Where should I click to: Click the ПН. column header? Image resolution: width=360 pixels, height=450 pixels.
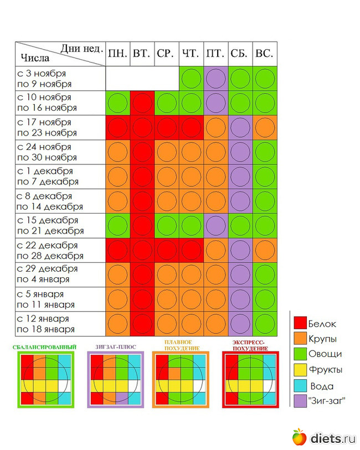pos(117,54)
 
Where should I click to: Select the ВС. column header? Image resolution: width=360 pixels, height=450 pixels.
pos(264,54)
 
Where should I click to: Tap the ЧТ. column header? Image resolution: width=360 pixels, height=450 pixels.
pos(191,54)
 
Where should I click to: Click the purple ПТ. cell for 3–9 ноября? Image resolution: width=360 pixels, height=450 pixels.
pos(215,79)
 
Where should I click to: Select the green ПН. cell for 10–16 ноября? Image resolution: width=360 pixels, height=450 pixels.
pos(117,103)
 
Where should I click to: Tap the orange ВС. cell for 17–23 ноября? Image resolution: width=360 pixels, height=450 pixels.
pos(265,127)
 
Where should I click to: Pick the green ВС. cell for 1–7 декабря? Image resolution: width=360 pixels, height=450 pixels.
pos(265,177)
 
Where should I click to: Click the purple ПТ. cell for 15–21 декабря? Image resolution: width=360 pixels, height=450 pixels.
pos(215,226)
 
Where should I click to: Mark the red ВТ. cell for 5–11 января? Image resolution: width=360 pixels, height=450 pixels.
pos(142,299)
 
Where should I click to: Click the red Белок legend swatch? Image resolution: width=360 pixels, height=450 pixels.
pos(300,323)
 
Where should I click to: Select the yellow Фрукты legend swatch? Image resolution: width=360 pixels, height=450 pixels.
pos(300,369)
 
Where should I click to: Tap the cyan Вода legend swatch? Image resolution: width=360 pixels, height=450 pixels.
pos(300,385)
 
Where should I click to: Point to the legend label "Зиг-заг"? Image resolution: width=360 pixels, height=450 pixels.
pos(327,400)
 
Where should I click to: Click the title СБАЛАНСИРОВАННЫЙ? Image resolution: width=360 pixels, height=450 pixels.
pos(44,347)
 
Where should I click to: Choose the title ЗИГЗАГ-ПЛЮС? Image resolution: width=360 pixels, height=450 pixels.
pos(115,347)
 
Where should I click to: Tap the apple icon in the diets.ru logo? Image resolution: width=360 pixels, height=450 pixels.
pos(299,437)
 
